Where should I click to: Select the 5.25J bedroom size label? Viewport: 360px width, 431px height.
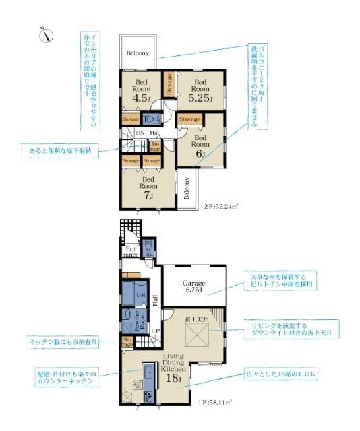pyautogui.click(x=200, y=99)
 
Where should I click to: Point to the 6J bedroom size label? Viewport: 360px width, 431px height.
pyautogui.click(x=200, y=153)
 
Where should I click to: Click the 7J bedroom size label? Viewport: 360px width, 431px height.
pyautogui.click(x=148, y=195)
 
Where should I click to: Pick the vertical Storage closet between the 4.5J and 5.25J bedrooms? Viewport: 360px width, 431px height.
pyautogui.click(x=169, y=84)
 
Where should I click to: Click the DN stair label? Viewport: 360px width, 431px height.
pyautogui.click(x=140, y=133)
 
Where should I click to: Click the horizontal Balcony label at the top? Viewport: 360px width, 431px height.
pyautogui.click(x=138, y=54)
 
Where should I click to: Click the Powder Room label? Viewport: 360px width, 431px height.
pyautogui.click(x=140, y=322)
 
